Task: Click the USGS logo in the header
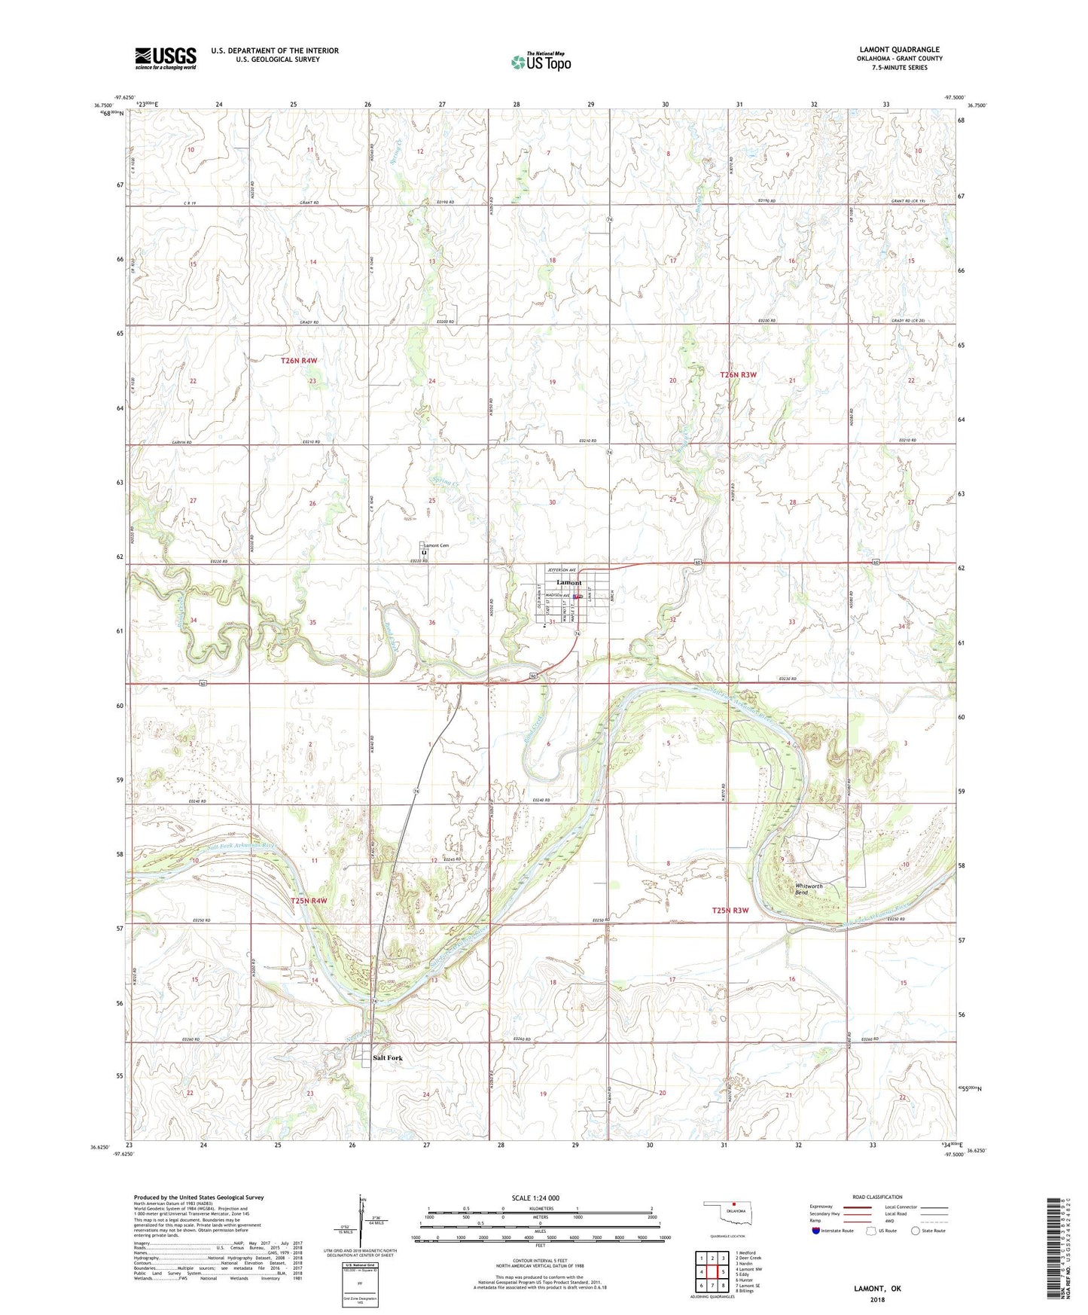(166, 58)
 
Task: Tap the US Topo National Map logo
(541, 62)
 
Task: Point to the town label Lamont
(568, 583)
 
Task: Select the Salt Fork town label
(388, 1058)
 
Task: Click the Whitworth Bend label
(809, 889)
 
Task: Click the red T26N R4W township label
(299, 361)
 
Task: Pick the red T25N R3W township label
(730, 911)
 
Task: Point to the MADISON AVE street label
(558, 596)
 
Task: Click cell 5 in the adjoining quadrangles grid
(723, 1271)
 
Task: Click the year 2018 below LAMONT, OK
(877, 1300)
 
